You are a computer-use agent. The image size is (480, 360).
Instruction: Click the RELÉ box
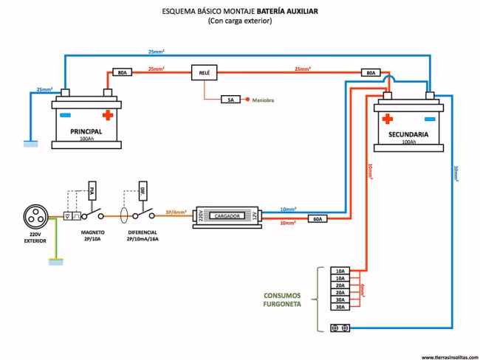click(x=203, y=72)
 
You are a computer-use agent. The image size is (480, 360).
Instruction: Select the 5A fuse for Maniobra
click(x=231, y=99)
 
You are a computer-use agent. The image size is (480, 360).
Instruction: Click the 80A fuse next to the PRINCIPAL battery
click(x=123, y=72)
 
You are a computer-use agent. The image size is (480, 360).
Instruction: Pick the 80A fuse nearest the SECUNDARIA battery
click(x=371, y=73)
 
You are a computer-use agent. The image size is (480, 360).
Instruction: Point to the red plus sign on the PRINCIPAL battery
click(x=108, y=115)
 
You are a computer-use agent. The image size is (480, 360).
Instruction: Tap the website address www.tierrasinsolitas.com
click(x=448, y=356)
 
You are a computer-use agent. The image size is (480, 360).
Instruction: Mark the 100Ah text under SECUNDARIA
click(x=408, y=141)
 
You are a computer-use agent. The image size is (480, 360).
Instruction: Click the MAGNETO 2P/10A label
click(x=93, y=235)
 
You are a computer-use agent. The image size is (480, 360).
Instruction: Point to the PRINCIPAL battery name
click(x=86, y=131)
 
